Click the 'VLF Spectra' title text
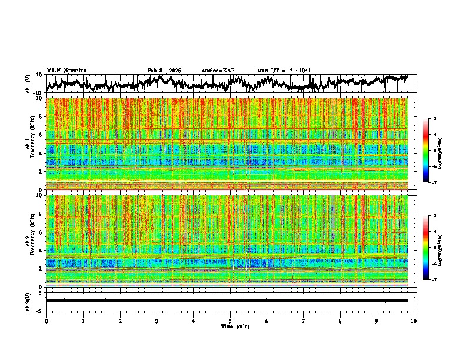66,70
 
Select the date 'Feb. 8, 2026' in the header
164,71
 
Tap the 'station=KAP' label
218,71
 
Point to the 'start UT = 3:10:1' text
284,71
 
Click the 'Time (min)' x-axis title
235,326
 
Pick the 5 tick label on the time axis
230,321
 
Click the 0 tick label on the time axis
46,321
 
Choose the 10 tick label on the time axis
414,321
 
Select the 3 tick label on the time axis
157,321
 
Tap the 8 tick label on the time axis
340,321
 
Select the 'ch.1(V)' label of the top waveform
29,84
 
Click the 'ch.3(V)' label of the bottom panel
29,301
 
